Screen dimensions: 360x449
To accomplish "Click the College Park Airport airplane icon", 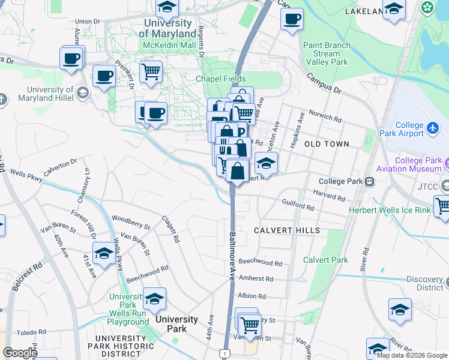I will (432, 127).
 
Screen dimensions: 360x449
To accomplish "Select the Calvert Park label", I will (325, 260).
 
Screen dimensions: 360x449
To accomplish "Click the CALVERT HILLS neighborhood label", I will (286, 230).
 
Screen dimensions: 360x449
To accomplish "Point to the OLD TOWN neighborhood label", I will (327, 144).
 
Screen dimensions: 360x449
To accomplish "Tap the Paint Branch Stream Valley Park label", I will (326, 53).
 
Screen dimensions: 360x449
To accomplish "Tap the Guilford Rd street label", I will (298, 206).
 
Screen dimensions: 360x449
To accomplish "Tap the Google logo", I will (20, 353).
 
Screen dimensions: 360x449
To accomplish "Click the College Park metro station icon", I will (370, 181).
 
